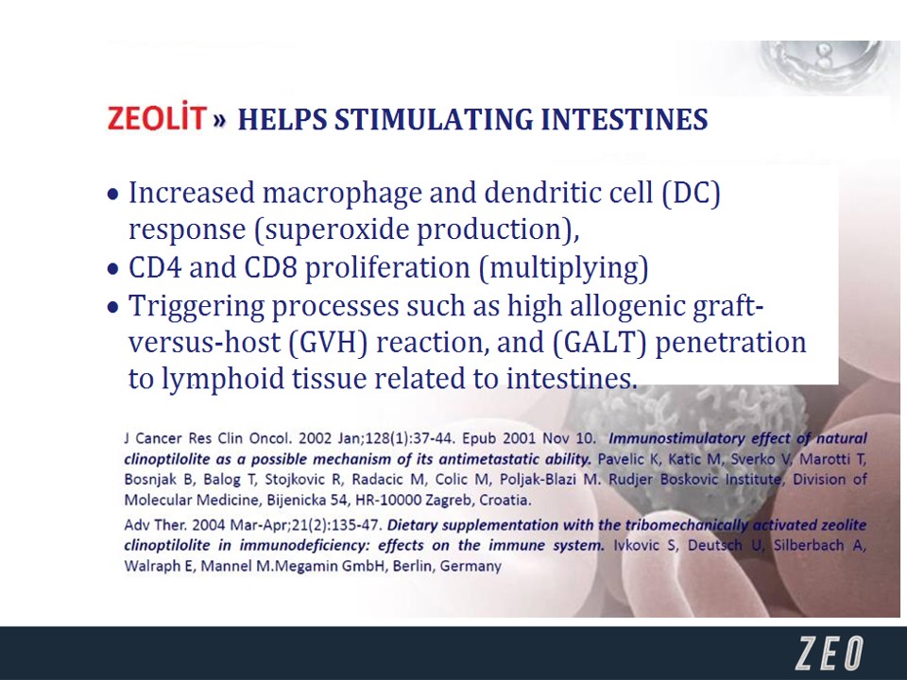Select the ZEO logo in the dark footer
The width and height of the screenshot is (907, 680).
[830, 654]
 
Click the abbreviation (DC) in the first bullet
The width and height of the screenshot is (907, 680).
[692, 193]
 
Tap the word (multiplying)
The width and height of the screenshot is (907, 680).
[564, 268]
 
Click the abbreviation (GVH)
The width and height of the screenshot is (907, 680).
[328, 342]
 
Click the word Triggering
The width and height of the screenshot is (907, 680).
[197, 306]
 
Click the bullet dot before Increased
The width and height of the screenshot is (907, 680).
[113, 195]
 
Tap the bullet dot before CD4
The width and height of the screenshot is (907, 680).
[113, 269]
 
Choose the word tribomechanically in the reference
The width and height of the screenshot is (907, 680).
[686, 525]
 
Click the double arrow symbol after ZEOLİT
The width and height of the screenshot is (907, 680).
[219, 120]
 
